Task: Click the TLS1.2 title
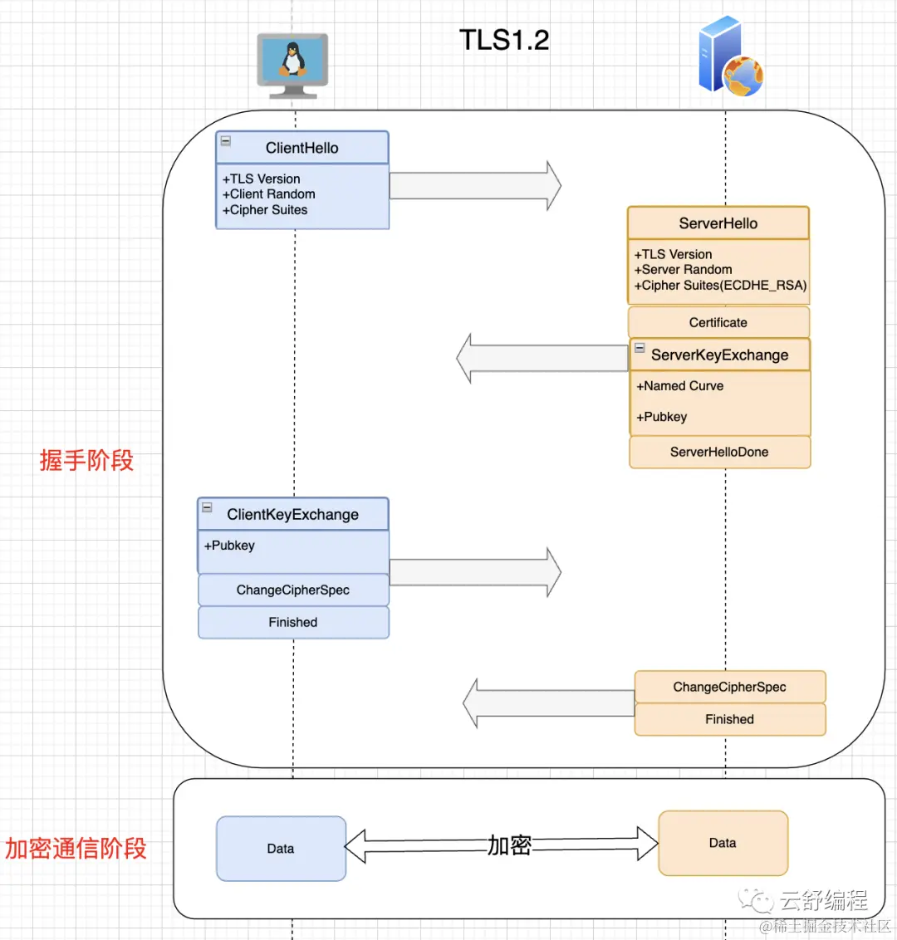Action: coord(504,40)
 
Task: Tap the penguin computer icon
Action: coord(292,66)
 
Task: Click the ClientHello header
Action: coord(302,148)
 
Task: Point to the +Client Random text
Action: coord(268,194)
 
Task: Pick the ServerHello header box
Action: coord(718,223)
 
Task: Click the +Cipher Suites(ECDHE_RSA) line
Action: coord(720,286)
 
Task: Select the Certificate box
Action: coord(718,322)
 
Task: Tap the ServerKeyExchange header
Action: coord(719,355)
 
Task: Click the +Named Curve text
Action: coord(680,386)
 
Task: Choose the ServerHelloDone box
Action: coord(719,452)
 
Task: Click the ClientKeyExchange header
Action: coord(293,514)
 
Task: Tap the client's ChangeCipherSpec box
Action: coord(293,590)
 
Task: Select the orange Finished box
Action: coord(730,719)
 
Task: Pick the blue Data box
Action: coord(281,849)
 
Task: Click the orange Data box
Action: coord(723,843)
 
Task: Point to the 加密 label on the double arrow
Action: coord(510,845)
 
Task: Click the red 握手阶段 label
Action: coord(86,460)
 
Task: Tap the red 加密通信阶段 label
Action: coord(76,849)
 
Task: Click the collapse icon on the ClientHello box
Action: coord(225,141)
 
